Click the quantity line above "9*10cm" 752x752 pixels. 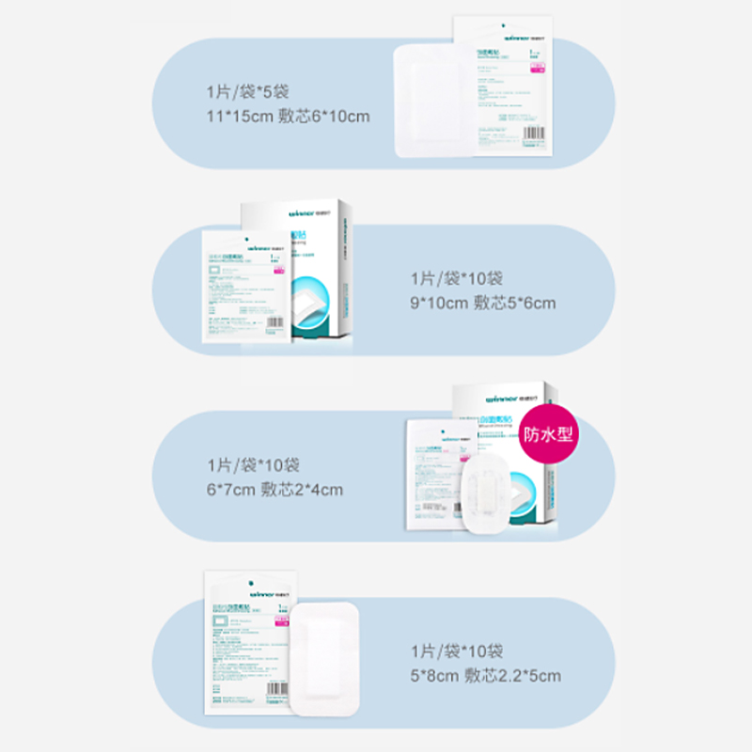[x=457, y=278]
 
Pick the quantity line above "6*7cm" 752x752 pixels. [x=253, y=465]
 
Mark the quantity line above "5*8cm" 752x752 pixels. [x=457, y=650]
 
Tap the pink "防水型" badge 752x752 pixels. [x=548, y=433]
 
